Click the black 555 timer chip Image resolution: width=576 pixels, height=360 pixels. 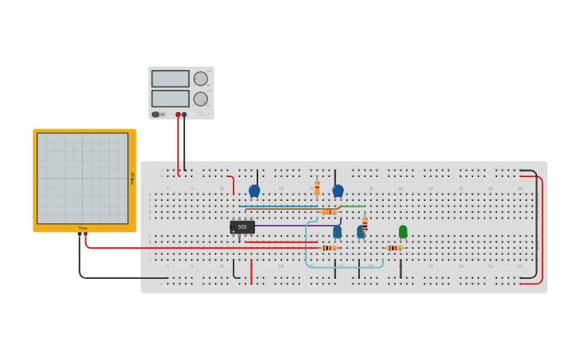pyautogui.click(x=242, y=226)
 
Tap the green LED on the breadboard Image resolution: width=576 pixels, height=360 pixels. pyautogui.click(x=403, y=231)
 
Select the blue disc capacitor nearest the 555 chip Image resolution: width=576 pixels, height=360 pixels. pyautogui.click(x=254, y=191)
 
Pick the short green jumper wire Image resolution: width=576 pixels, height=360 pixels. pyautogui.click(x=354, y=207)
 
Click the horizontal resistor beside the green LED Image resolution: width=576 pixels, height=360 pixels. pyautogui.click(x=394, y=248)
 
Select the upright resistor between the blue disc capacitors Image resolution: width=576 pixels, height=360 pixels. pyautogui.click(x=317, y=188)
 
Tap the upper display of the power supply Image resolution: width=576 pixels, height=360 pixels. pyautogui.click(x=170, y=79)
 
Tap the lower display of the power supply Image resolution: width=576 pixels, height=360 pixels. pyautogui.click(x=170, y=99)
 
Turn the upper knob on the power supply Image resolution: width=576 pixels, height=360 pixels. pyautogui.click(x=200, y=79)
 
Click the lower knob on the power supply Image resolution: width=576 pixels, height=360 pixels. pyautogui.click(x=200, y=99)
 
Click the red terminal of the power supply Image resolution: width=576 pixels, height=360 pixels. pyautogui.click(x=178, y=114)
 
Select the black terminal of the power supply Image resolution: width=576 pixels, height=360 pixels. pyautogui.click(x=184, y=114)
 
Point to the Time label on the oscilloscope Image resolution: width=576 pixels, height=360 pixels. pyautogui.click(x=83, y=228)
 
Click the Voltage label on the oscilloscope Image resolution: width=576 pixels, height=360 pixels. pyautogui.click(x=132, y=179)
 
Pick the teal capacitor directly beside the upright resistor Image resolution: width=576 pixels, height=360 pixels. pyautogui.click(x=361, y=232)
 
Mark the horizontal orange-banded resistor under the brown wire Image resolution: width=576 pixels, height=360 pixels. pyautogui.click(x=329, y=211)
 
